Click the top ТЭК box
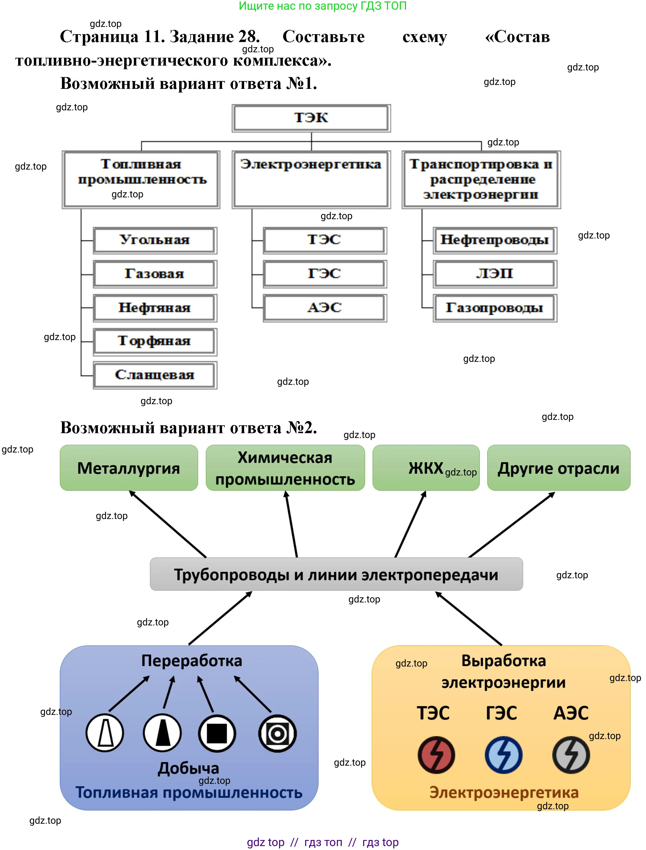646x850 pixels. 311,118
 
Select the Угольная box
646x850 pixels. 155,240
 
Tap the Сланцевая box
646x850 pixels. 155,375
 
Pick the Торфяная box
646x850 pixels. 155,341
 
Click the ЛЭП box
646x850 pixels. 495,274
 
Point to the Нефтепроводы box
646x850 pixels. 495,240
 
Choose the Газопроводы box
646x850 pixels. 495,308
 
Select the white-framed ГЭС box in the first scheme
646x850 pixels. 325,274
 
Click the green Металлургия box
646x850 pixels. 129,468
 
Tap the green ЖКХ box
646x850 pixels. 426,468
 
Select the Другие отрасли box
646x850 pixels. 558,468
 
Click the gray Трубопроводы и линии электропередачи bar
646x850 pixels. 336,574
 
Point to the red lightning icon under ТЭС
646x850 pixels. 436,754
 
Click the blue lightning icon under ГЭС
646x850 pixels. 503,754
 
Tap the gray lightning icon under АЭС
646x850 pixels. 571,754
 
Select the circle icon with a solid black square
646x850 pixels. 217,733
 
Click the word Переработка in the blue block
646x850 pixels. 192,661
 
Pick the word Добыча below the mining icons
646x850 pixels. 189,768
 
